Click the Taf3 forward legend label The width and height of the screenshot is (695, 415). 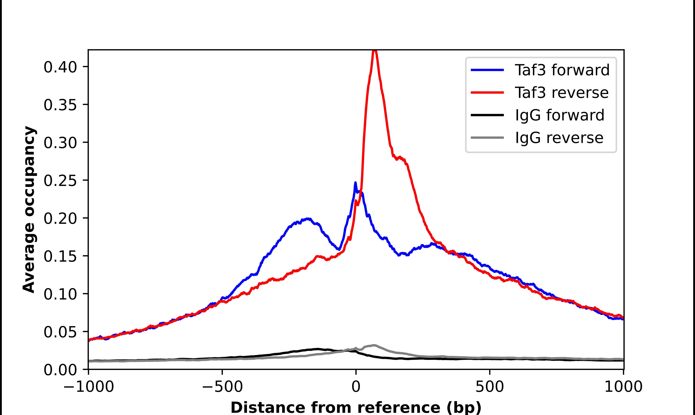click(562, 70)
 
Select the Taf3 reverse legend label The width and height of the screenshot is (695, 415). click(561, 93)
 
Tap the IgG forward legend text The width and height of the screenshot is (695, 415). click(560, 115)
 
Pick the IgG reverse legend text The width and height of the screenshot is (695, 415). click(559, 138)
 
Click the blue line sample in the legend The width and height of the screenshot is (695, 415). click(487, 70)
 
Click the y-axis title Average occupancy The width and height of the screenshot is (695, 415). click(29, 210)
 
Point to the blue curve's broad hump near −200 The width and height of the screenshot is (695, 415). click(307, 219)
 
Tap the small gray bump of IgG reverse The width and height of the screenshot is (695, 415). click(374, 345)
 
